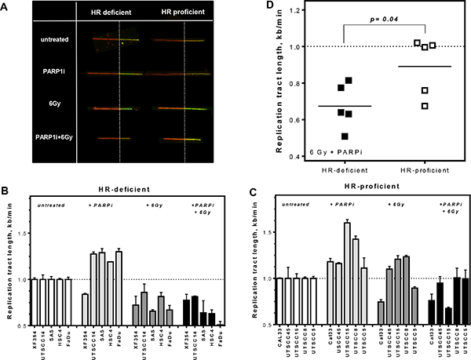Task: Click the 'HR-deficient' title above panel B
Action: coord(126,188)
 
